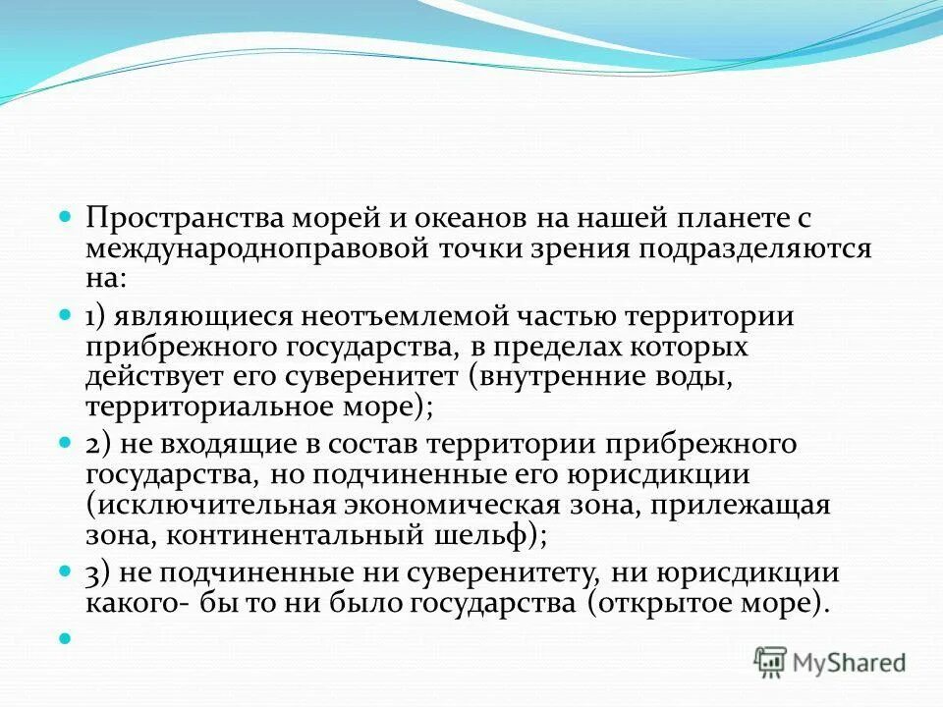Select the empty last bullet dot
coord(67,638)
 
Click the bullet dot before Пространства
coord(67,216)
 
